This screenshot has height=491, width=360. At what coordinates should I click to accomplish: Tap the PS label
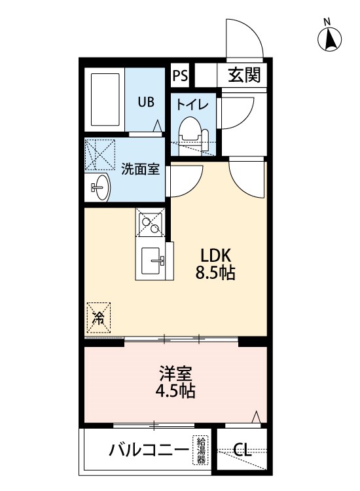[180, 75]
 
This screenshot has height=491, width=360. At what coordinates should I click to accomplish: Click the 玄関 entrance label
[244, 75]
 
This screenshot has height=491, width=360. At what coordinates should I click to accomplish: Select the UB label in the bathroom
[146, 101]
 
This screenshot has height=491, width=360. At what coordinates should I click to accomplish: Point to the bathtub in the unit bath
[105, 100]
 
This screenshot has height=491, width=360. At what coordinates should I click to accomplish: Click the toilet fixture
[194, 136]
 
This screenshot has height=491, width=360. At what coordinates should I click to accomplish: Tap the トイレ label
[192, 104]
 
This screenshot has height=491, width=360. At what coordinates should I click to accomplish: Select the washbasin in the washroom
[101, 187]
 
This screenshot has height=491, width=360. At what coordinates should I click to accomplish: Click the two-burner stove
[150, 222]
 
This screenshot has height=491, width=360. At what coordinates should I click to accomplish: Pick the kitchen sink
[151, 260]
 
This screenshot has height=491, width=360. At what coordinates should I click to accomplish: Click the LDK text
[216, 255]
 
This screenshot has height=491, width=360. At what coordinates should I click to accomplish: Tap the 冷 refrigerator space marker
[99, 318]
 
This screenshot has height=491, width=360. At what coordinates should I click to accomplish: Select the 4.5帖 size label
[175, 390]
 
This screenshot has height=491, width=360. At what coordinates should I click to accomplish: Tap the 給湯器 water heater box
[200, 450]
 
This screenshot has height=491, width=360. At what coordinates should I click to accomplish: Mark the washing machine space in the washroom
[100, 155]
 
